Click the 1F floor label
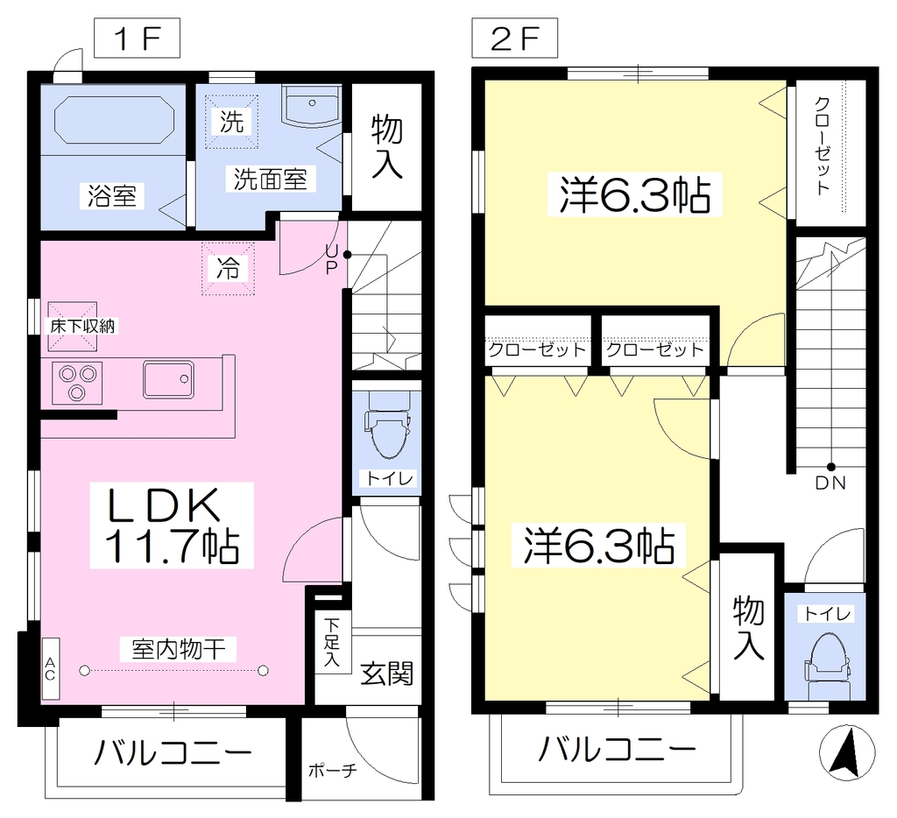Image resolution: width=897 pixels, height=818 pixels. [138, 39]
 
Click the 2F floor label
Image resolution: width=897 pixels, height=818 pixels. [514, 39]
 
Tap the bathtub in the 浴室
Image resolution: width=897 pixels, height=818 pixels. [113, 120]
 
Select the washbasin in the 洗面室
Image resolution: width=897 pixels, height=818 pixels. [313, 106]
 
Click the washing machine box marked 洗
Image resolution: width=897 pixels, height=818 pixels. [231, 121]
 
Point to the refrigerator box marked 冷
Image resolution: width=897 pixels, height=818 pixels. [228, 268]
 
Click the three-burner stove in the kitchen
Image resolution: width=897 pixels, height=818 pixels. [77, 383]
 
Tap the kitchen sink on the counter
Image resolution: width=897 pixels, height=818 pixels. [169, 379]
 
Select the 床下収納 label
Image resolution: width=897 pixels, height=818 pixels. [82, 327]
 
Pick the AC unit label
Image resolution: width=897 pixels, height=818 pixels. [50, 669]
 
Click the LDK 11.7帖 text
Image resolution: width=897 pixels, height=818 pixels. [172, 525]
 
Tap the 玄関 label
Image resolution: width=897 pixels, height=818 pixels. [386, 673]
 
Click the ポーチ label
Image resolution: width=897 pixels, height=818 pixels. [332, 771]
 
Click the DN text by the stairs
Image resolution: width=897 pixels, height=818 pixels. [830, 483]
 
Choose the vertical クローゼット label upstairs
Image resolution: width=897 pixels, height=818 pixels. [822, 146]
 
